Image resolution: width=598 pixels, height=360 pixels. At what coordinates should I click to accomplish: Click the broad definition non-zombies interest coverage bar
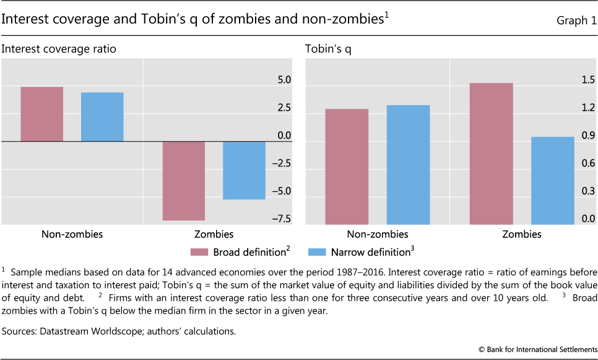[41, 114]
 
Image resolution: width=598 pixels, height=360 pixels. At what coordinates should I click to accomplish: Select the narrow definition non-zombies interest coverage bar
[102, 117]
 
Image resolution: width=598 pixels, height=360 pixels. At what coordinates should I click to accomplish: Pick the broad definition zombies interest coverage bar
[183, 181]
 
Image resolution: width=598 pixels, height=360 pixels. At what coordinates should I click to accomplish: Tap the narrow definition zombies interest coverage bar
[244, 170]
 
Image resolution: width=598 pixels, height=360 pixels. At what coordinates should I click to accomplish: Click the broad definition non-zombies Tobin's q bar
[347, 166]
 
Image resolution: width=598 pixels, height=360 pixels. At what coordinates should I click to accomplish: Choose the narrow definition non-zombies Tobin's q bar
[408, 165]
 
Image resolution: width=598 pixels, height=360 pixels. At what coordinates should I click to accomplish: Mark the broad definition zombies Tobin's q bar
[491, 153]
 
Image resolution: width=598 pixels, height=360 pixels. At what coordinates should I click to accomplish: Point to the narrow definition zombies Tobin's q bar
[552, 180]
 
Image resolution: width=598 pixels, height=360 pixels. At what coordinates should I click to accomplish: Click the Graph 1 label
[571, 20]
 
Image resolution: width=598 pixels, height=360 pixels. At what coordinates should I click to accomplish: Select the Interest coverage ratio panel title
[59, 48]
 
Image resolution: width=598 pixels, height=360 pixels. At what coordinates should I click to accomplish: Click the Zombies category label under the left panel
[214, 234]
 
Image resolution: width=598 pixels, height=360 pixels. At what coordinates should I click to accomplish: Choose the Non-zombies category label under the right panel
[378, 234]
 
